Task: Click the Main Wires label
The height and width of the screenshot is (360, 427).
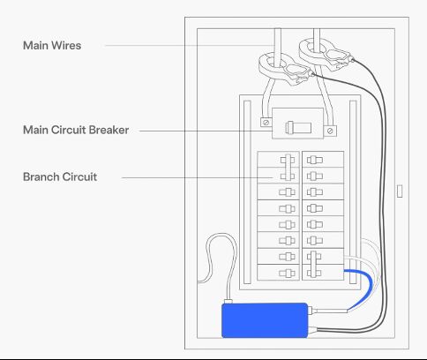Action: point(52,45)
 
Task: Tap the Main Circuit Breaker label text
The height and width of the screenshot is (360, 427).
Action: point(76,130)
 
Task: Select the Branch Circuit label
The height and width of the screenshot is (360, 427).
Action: point(60,176)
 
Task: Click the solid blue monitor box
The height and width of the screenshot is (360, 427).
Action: point(265,320)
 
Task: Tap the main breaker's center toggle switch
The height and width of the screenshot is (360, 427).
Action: point(298,128)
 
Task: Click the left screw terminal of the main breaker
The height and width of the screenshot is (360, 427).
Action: point(266,122)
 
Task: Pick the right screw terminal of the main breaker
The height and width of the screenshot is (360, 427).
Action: point(330,131)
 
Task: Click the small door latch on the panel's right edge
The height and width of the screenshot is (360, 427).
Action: point(400,191)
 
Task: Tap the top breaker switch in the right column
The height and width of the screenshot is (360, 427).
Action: point(315,160)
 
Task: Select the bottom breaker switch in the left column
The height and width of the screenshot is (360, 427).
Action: point(287,274)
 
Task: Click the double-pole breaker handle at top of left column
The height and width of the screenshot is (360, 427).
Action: point(288,168)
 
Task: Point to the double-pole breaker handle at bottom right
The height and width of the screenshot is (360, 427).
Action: point(314,264)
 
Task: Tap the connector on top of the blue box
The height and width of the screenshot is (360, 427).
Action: point(228,302)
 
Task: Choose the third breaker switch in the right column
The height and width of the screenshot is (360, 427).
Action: point(315,192)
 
